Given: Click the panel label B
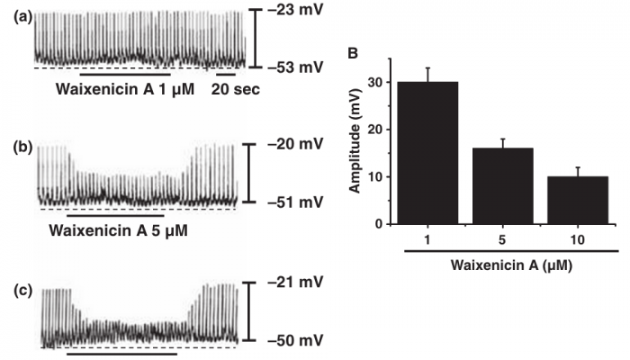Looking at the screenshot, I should tap(353, 53).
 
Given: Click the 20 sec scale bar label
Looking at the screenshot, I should tap(236, 88).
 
